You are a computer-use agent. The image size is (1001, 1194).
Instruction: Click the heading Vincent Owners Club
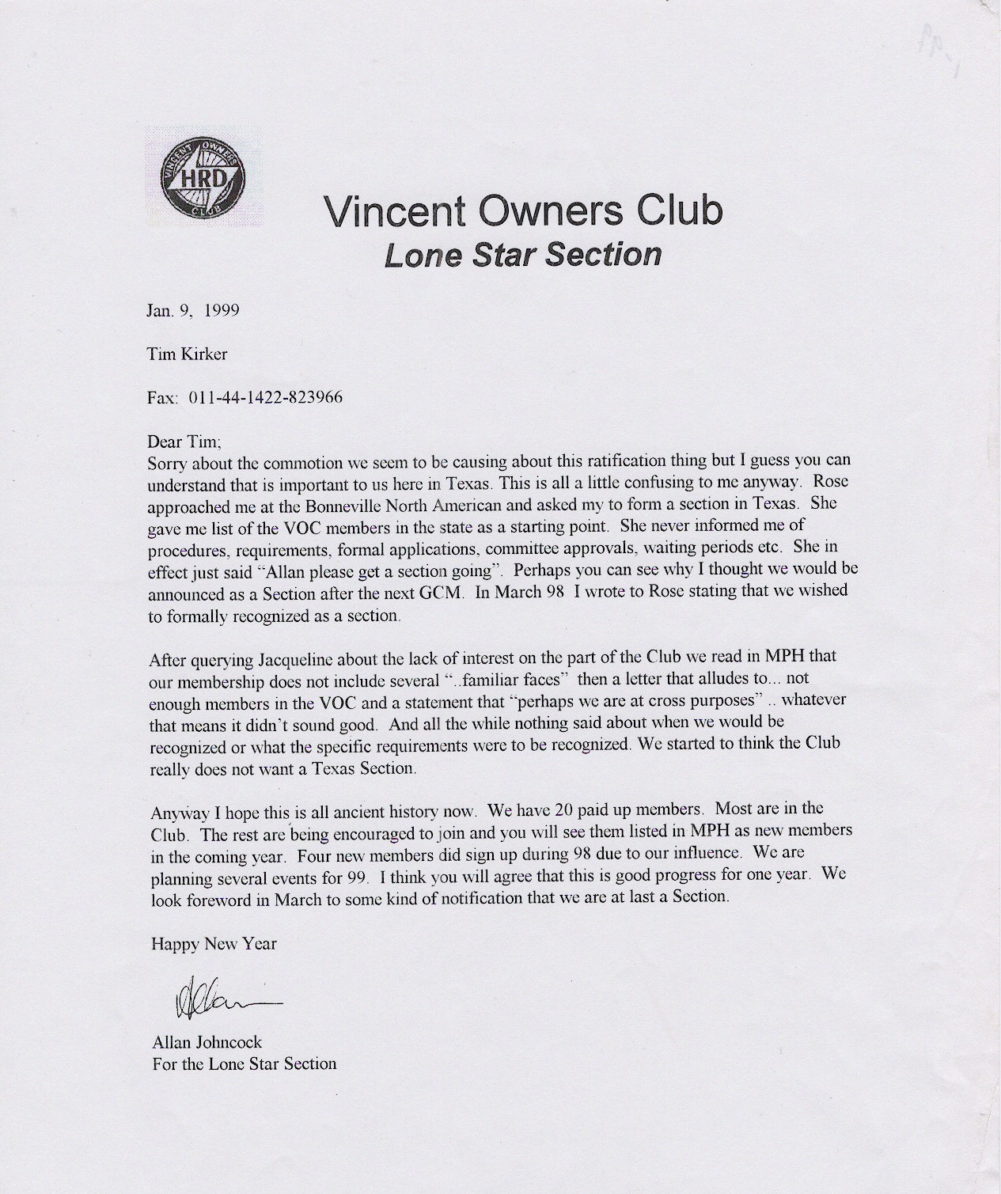click(x=522, y=210)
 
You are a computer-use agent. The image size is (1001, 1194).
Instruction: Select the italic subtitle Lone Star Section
click(x=522, y=255)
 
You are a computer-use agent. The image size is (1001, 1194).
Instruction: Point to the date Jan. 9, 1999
click(x=193, y=310)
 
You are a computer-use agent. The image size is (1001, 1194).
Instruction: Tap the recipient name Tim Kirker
click(x=188, y=354)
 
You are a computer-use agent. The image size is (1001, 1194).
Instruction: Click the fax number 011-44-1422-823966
click(x=265, y=397)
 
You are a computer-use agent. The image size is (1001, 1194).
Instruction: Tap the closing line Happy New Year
click(x=214, y=943)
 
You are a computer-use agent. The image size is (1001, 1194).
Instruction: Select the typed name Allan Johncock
click(x=207, y=1043)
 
